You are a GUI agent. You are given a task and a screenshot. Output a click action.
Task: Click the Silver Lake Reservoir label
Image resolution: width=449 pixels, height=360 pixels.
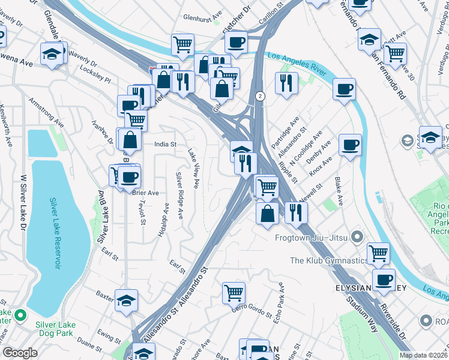tap(55, 233)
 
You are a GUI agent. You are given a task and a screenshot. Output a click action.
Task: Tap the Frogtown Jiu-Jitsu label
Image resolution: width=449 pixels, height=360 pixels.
tap(312, 237)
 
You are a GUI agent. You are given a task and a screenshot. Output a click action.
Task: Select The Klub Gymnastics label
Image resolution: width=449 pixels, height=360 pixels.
tap(328, 260)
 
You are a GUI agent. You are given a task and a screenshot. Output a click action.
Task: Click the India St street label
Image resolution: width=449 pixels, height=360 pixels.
tap(165, 144)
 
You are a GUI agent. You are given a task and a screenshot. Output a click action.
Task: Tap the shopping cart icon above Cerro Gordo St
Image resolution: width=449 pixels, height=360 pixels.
tap(234, 293)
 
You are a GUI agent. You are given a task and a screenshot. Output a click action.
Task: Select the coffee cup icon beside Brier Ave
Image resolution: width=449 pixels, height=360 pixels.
tap(129, 176)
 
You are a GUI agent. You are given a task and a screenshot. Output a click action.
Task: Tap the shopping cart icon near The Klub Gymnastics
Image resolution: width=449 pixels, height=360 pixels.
tap(378, 253)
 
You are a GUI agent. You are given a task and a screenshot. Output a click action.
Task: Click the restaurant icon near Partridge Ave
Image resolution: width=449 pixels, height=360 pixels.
tap(287, 82)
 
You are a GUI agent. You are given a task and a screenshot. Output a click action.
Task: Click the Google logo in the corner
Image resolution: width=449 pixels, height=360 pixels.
tap(20, 353)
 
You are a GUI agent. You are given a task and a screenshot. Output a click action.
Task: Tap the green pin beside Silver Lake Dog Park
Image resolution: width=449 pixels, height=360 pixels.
tap(20, 315)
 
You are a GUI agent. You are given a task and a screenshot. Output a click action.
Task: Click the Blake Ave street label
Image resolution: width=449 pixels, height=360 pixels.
tap(339, 192)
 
